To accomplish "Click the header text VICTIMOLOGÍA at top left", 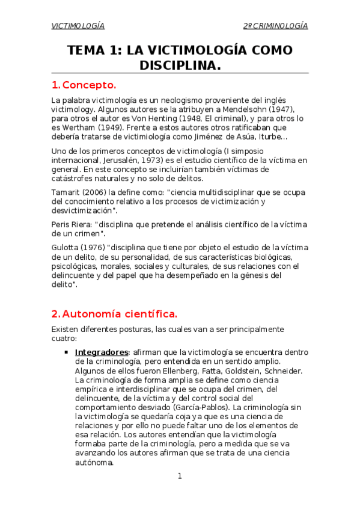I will click(x=78, y=26).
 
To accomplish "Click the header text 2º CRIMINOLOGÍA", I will click(x=275, y=26).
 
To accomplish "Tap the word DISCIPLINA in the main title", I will click(x=180, y=64).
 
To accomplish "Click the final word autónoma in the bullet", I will click(x=94, y=463).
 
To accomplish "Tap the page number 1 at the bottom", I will click(x=179, y=476).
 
